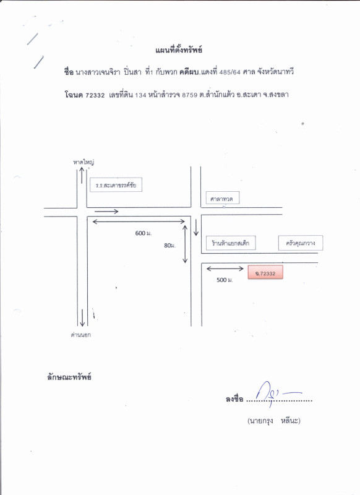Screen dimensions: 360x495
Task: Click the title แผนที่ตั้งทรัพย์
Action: coord(179,50)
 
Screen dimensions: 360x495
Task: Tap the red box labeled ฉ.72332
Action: coord(265,272)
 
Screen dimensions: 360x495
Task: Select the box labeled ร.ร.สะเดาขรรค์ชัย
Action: coord(116,185)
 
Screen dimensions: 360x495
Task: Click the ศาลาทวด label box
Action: coord(223,198)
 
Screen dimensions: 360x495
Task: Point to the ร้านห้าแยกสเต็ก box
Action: coord(231,243)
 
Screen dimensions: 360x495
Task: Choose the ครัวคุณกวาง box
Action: coord(301,243)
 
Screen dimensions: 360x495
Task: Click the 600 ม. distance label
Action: coord(144,233)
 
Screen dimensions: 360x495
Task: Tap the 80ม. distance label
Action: coord(169,245)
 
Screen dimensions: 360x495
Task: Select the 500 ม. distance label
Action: coord(225,280)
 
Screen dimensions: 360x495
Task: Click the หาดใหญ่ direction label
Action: coord(84,162)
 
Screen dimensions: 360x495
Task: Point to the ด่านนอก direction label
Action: coord(81,335)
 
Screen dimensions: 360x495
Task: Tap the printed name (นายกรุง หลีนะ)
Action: coord(274,421)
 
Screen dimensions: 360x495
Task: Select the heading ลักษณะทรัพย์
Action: coord(69,377)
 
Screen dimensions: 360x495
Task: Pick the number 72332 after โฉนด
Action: coord(95,95)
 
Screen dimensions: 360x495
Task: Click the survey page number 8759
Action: coord(190,95)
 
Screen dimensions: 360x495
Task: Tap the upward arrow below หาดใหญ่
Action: coord(82,175)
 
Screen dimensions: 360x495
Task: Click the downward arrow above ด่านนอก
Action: coord(82,317)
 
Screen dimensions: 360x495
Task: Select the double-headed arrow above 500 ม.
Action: coord(225,269)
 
